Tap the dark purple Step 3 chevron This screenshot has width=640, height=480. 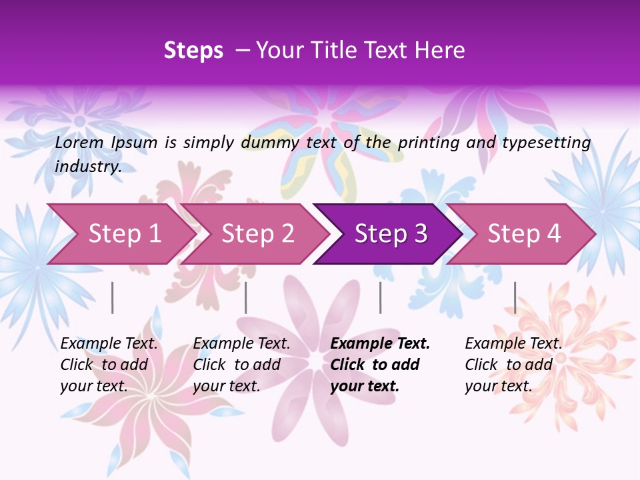(x=391, y=234)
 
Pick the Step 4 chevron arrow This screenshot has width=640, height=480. (x=524, y=234)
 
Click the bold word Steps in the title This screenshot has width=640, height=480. (x=193, y=51)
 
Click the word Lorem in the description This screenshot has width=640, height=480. (x=79, y=142)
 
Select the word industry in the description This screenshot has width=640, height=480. (x=88, y=167)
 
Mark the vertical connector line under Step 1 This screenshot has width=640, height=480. (x=113, y=297)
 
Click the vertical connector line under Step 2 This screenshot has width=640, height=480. (x=246, y=297)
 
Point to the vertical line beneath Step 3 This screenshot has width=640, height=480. (x=381, y=297)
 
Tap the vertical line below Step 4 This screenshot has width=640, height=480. (x=515, y=297)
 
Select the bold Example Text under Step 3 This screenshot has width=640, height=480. (x=380, y=344)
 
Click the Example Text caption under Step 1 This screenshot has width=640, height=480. (x=109, y=344)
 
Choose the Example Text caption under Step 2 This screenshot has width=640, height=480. (x=241, y=344)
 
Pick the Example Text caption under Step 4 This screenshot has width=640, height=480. (x=513, y=344)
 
